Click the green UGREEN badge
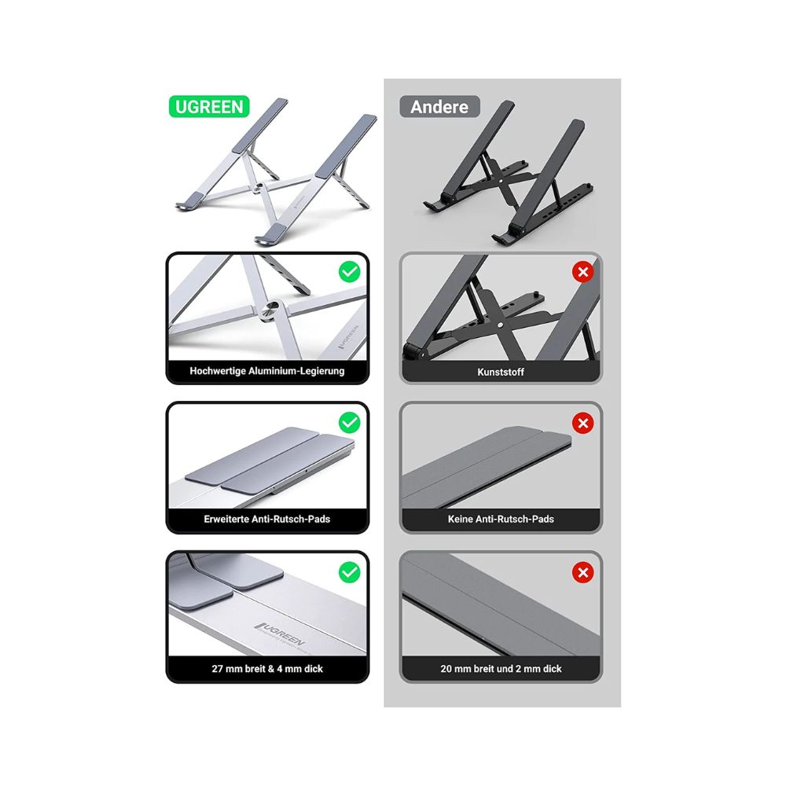tap(209, 107)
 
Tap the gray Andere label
tap(439, 107)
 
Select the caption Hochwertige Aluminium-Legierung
tap(267, 371)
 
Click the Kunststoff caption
tap(501, 372)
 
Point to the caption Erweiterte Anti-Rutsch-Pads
tap(267, 519)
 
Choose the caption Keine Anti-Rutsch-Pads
tap(501, 519)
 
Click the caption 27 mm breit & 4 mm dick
tap(267, 668)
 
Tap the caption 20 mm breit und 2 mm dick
tap(501, 668)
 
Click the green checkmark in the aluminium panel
tap(350, 272)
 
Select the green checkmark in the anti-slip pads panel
tap(350, 423)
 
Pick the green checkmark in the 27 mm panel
tap(350, 572)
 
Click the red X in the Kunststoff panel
tap(583, 272)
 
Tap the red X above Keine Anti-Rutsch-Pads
tap(583, 423)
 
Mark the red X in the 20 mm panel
tap(583, 572)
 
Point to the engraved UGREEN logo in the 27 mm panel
tap(280, 634)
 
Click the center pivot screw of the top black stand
tap(501, 177)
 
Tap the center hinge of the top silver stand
tap(259, 187)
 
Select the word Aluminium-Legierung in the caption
tap(296, 371)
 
